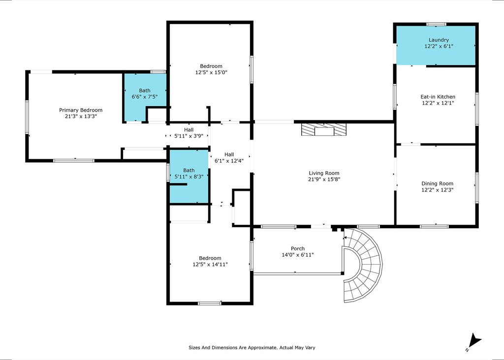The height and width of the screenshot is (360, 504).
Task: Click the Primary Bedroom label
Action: (x=81, y=110)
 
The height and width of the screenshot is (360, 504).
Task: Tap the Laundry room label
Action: (x=439, y=40)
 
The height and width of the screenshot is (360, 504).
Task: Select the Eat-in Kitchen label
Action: (x=438, y=97)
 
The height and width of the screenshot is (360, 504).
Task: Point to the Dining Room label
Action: (x=438, y=184)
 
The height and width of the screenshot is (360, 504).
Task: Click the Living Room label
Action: (x=324, y=173)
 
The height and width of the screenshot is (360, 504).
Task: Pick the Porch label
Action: (x=298, y=248)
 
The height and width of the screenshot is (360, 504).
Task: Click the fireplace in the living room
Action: (x=324, y=129)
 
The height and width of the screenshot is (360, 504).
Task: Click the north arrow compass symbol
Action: (x=474, y=342)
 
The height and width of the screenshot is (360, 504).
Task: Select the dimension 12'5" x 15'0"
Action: (x=211, y=73)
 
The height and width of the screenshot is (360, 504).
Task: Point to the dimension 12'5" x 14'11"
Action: (x=210, y=265)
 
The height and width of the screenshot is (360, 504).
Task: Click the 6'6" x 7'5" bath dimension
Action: (x=145, y=97)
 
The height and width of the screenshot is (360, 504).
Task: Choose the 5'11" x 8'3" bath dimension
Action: (x=189, y=177)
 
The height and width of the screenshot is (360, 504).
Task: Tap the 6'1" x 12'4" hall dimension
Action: (x=229, y=161)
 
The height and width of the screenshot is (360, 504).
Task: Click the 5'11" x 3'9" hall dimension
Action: (x=189, y=136)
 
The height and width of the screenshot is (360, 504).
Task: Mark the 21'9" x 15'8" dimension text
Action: (x=324, y=180)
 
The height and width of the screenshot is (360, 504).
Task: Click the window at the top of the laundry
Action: (x=436, y=24)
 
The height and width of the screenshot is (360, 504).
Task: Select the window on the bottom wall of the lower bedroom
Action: (x=210, y=303)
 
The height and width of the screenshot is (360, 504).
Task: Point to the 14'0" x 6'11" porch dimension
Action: (x=298, y=255)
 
